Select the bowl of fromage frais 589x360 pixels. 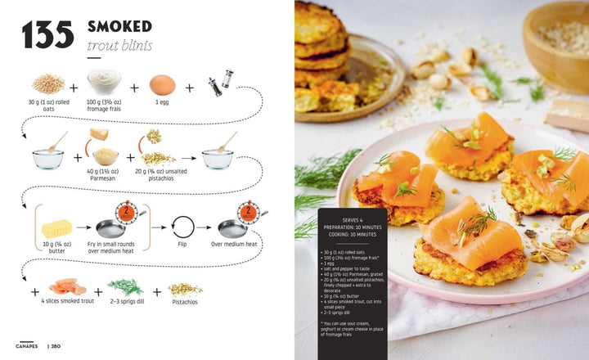coord(105,82)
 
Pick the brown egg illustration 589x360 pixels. coord(163,84)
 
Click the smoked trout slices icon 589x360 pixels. coord(64,287)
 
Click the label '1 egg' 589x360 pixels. coord(163,103)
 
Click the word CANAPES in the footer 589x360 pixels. coord(26,345)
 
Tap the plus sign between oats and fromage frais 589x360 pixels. coord(74,87)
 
